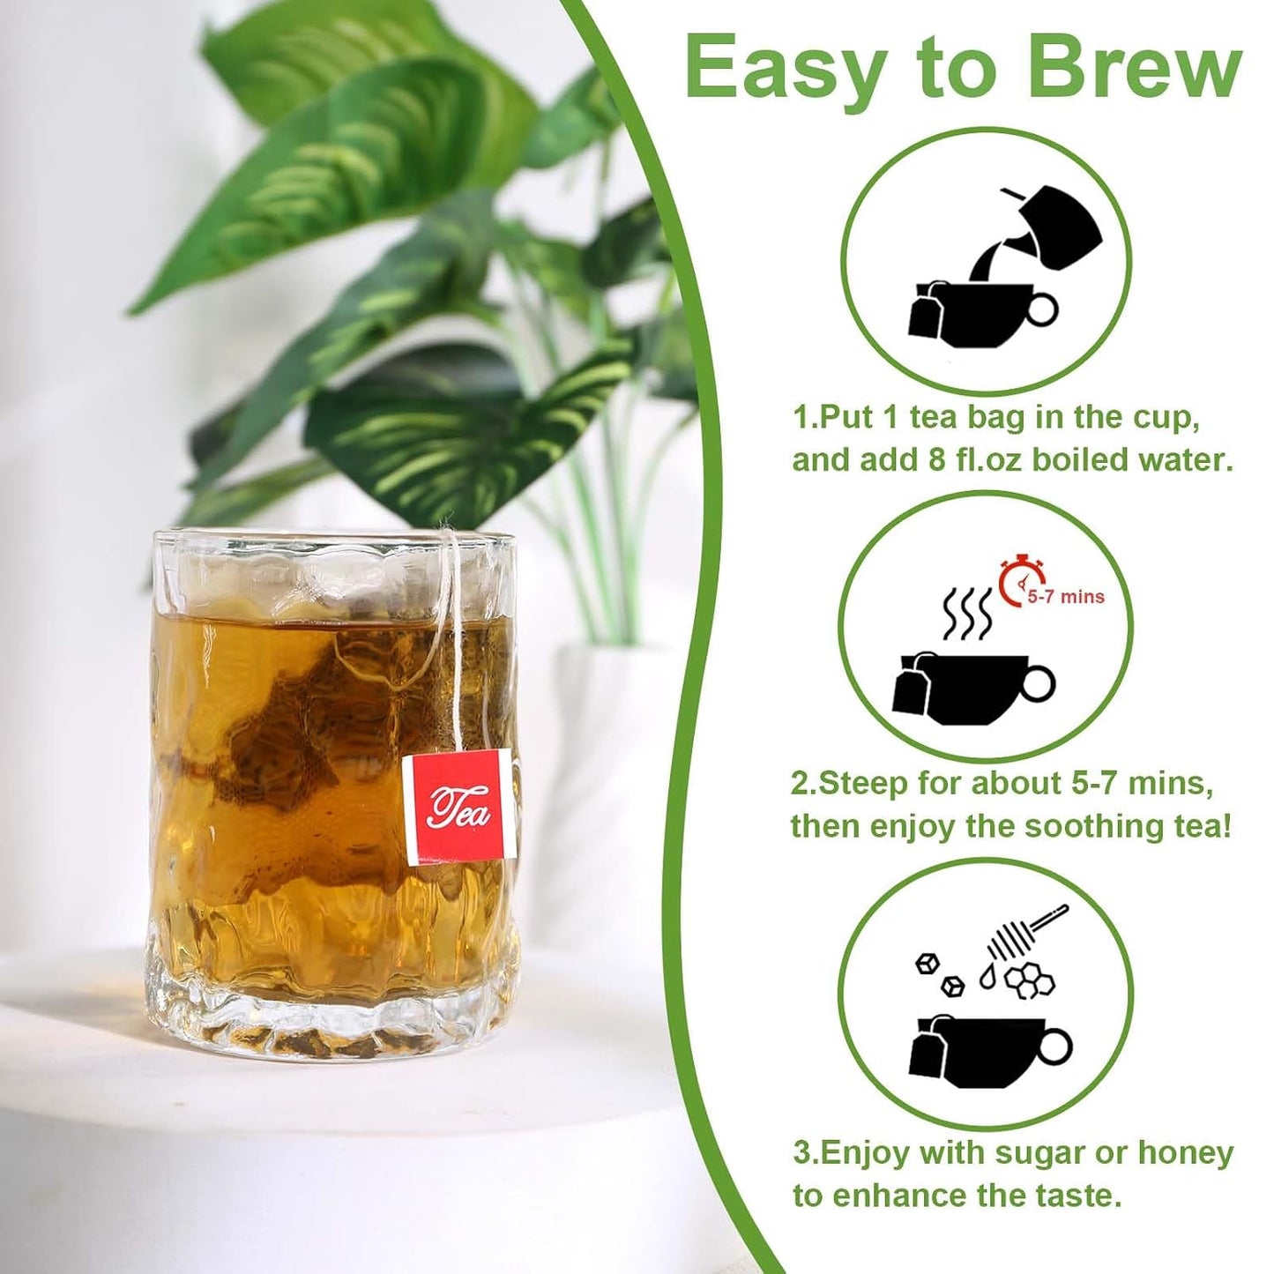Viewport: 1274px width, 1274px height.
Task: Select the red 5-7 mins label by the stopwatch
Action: (x=1065, y=598)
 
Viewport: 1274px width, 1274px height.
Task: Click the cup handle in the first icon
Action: (x=1042, y=308)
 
